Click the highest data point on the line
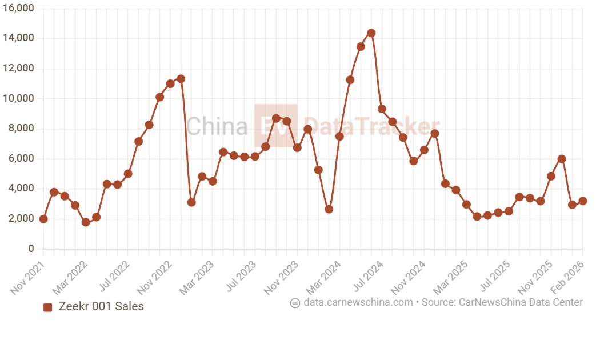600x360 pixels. click(371, 33)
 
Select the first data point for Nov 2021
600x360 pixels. click(43, 219)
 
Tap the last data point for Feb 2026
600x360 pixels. click(582, 201)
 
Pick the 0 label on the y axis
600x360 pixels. click(31, 249)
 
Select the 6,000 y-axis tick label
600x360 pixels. click(22, 159)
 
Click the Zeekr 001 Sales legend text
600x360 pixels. click(101, 306)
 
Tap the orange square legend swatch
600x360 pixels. click(48, 307)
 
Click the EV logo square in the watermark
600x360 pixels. click(275, 125)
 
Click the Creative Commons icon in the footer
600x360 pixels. click(295, 303)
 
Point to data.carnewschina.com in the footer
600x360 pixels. click(358, 302)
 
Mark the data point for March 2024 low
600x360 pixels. click(329, 209)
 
